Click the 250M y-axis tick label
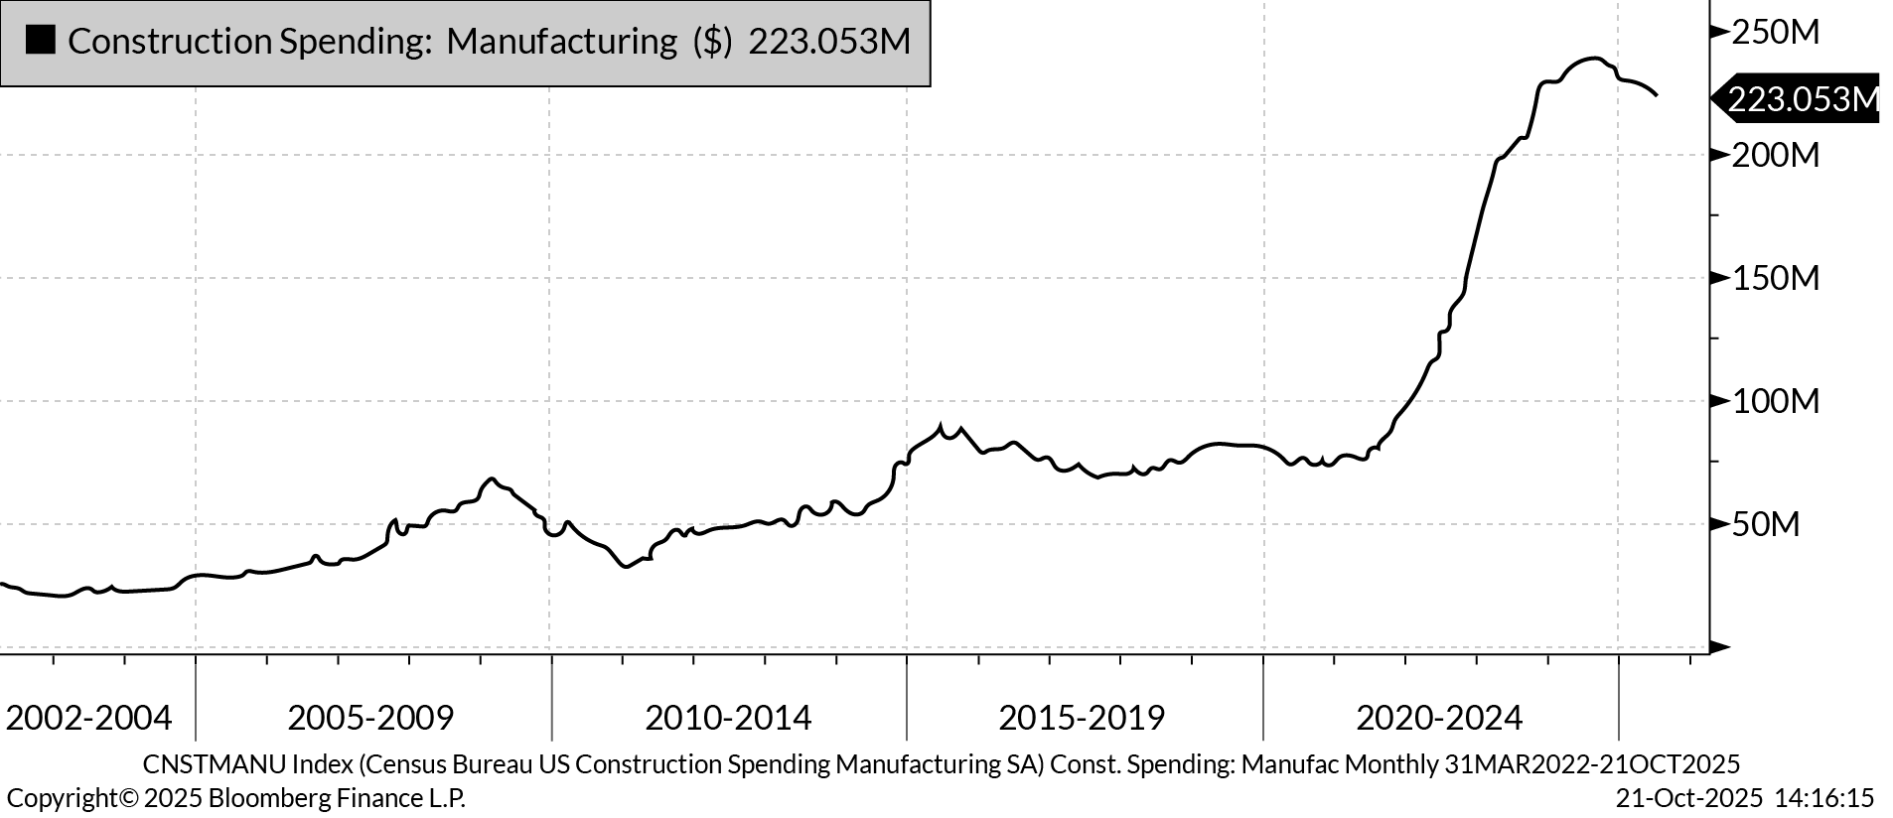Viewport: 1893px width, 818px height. click(x=1775, y=32)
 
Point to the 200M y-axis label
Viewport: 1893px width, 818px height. click(x=1775, y=155)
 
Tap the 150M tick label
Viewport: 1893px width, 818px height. click(x=1775, y=278)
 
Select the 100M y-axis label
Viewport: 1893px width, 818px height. click(x=1775, y=401)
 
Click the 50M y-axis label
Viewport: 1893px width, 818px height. click(x=1765, y=524)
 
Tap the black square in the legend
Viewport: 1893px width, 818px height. click(x=41, y=41)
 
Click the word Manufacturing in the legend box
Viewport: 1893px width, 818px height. click(x=561, y=41)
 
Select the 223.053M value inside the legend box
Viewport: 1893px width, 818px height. click(x=828, y=41)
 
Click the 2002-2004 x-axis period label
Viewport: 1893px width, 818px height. click(x=88, y=717)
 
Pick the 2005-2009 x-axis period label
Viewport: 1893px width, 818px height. click(x=370, y=717)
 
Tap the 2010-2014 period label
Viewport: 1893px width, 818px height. click(x=728, y=717)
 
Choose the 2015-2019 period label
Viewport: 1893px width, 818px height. click(x=1082, y=717)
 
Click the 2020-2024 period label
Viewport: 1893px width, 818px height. click(x=1439, y=717)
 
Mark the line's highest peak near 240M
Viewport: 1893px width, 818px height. click(x=1592, y=59)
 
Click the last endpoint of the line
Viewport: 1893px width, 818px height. click(x=1656, y=95)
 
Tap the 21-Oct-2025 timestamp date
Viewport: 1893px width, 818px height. click(x=1688, y=798)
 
